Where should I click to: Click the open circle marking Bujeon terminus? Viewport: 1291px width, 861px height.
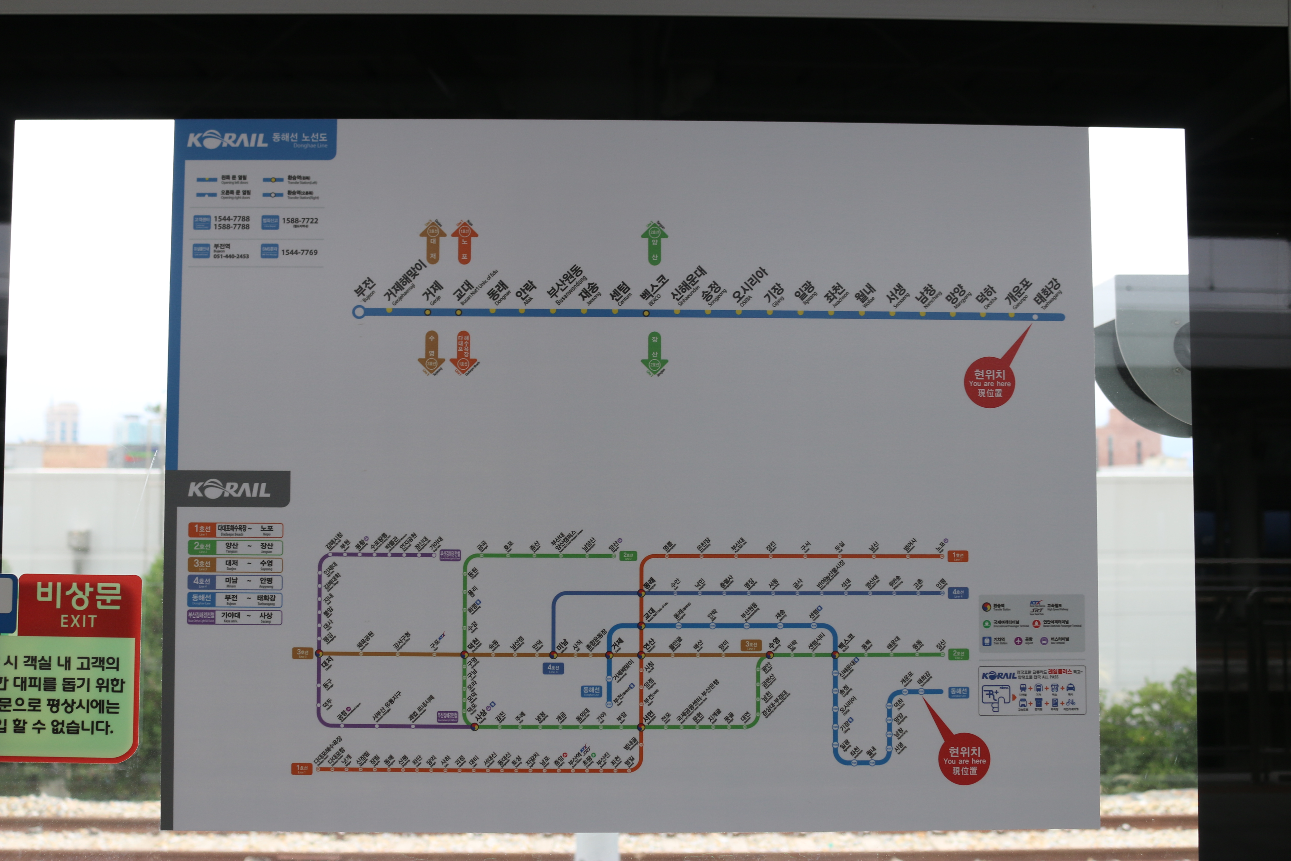358,312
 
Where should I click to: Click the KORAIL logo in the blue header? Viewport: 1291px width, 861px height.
227,139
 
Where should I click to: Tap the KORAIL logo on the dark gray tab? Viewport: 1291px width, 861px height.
229,489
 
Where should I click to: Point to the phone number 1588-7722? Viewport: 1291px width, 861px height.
300,221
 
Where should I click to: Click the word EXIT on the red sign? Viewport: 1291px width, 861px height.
79,621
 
